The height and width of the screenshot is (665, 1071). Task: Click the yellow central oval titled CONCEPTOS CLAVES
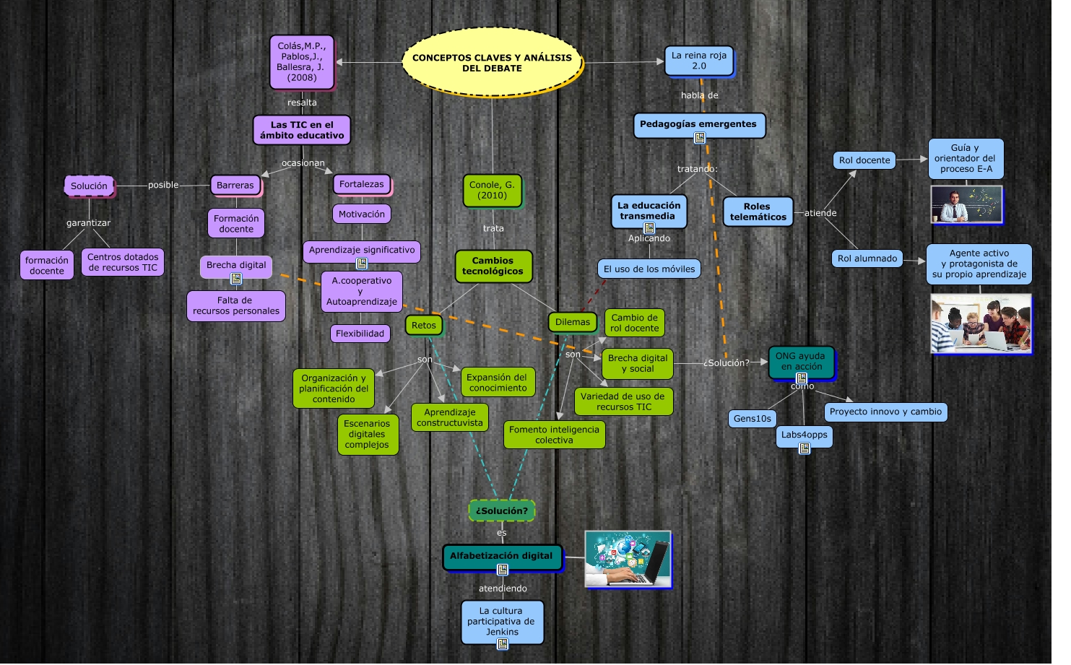(x=492, y=63)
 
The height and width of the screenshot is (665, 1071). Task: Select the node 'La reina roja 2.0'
(x=698, y=61)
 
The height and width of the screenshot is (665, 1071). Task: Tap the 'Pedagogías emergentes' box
(x=698, y=124)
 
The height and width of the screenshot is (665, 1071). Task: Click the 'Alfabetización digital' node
(x=501, y=556)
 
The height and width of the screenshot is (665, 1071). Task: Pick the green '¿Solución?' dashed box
(x=501, y=510)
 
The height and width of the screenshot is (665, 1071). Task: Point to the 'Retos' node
(x=423, y=325)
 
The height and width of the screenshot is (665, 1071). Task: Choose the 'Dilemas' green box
(x=572, y=322)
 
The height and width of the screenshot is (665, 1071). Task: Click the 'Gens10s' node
(x=752, y=419)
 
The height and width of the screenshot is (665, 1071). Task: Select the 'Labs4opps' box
(x=804, y=435)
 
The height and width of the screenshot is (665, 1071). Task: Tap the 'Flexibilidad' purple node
(x=360, y=334)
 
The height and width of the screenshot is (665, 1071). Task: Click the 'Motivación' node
(x=361, y=214)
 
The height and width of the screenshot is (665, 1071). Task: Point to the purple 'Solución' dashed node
(x=89, y=186)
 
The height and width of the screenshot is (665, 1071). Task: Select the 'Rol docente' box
(x=864, y=160)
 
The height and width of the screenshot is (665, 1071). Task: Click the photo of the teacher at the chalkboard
(x=966, y=204)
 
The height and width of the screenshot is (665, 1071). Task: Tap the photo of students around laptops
(x=980, y=323)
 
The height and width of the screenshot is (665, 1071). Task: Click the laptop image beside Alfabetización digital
(x=628, y=559)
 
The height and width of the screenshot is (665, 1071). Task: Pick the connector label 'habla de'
(x=699, y=95)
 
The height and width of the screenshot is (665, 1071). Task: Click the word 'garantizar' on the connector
(x=88, y=223)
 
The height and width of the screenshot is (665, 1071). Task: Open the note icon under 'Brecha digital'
(x=236, y=279)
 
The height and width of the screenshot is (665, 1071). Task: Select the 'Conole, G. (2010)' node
(x=492, y=190)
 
